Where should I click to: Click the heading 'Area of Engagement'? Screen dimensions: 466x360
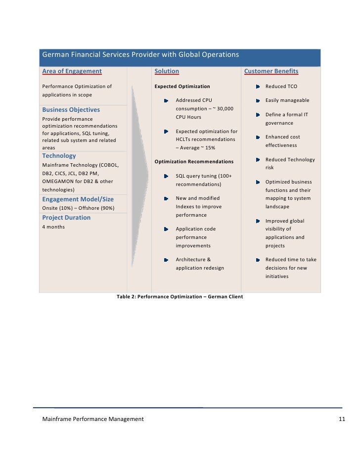72,71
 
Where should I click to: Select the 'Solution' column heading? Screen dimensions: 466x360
167,71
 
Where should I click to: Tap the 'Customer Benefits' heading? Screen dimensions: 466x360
271,71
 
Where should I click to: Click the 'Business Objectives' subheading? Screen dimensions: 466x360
71,110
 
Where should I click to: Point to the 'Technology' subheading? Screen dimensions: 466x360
59,156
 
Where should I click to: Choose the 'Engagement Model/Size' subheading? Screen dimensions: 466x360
78,199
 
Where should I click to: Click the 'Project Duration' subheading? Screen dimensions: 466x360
66,218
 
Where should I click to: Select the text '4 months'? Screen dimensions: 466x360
53,227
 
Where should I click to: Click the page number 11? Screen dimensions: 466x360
342,419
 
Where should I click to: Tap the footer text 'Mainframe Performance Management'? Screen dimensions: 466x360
93,419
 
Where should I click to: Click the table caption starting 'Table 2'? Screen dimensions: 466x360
180,297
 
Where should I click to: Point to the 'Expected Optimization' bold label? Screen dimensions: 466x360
182,87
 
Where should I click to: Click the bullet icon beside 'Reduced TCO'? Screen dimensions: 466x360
258,87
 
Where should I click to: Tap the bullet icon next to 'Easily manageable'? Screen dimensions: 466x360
258,100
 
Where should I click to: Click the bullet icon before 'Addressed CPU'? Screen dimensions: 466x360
166,100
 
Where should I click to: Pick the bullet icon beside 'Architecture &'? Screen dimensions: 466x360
166,260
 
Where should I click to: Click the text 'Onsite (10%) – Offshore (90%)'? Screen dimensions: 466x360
78,208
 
